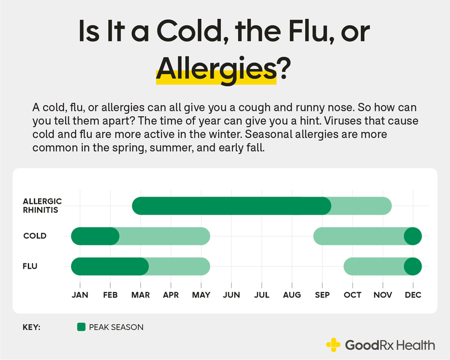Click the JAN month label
coord(80,295)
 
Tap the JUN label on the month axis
coord(231,295)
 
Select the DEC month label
coord(413,295)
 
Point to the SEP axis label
coord(322,295)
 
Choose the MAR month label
coord(140,295)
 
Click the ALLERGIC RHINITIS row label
coord(43,206)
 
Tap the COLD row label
coord(35,236)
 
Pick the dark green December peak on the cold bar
coord(413,236)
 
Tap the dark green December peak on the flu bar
coord(413,266)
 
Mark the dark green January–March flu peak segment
coord(110,266)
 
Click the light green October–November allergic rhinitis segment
coord(361,206)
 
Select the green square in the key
coord(81,327)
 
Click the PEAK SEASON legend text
coord(116,327)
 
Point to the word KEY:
coord(32,327)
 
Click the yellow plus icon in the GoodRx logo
coord(333,345)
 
